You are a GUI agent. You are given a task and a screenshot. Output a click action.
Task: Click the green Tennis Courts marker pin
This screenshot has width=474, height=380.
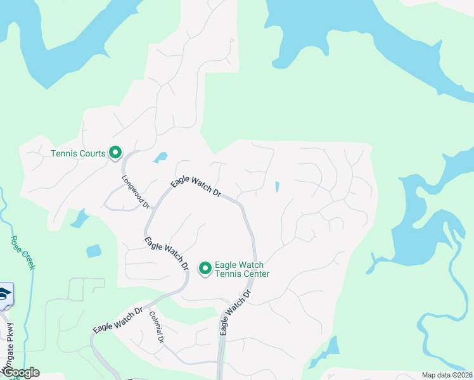click(x=115, y=153)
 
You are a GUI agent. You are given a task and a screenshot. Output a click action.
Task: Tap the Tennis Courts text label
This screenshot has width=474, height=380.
click(x=78, y=153)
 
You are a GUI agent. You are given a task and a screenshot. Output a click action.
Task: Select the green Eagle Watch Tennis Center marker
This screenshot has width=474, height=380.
click(x=205, y=269)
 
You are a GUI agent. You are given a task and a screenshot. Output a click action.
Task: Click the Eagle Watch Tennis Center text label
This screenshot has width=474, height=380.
click(x=242, y=269)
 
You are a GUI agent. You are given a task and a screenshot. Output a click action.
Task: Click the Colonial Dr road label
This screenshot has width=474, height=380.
click(x=157, y=327)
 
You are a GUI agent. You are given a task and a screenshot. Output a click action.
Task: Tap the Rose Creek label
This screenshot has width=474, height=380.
click(x=22, y=253)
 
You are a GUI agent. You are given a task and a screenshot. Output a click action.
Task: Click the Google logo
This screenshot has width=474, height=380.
click(x=20, y=372)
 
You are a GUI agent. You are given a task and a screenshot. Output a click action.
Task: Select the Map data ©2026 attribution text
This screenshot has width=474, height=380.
click(x=447, y=375)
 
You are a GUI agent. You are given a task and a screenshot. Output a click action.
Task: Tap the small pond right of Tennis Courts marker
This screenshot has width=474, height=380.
click(x=160, y=157)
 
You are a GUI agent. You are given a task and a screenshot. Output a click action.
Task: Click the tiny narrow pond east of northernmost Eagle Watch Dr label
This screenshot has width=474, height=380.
click(x=277, y=187)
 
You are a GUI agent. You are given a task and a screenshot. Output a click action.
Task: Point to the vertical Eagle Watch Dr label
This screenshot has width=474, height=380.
click(x=235, y=312)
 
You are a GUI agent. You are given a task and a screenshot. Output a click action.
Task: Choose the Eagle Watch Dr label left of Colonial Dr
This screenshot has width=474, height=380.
click(x=118, y=320)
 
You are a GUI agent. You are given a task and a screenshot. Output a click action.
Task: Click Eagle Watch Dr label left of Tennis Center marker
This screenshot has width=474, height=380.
click(x=167, y=253)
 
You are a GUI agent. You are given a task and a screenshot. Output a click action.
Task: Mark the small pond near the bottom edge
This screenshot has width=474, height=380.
click(x=329, y=350)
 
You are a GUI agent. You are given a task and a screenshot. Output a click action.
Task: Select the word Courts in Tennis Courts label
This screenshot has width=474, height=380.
click(x=92, y=153)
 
